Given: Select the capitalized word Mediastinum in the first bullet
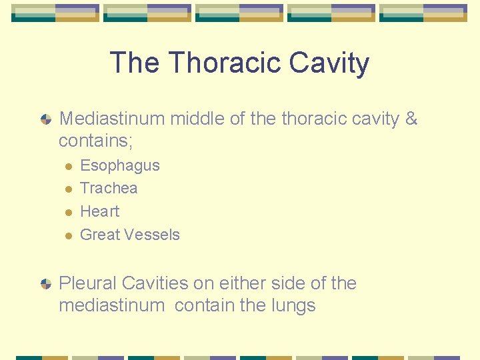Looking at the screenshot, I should coord(112,119).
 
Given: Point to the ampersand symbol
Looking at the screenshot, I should coord(411,119).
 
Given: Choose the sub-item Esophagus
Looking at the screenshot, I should coord(120,165).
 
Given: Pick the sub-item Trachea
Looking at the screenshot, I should coord(109,188).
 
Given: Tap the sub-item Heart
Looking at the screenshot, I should coord(100,211).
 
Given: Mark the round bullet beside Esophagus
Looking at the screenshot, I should coord(67,166).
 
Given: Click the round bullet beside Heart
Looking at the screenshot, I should coord(67,212).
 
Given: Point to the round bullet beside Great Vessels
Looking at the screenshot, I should coord(67,235).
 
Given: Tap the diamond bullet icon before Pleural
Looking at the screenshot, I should coord(45,284).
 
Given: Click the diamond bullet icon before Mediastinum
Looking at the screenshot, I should coord(45,119).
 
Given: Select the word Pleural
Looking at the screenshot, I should coord(86,283).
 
